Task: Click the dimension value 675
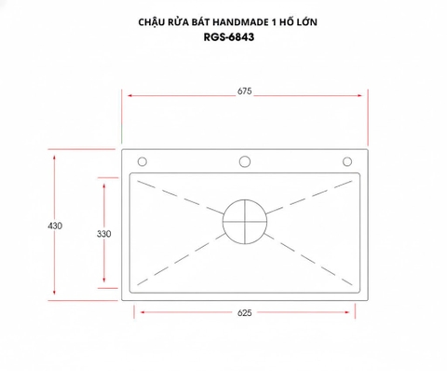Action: (244, 91)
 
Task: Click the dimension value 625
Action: (244, 314)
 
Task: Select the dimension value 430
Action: (55, 226)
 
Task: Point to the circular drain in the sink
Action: (245, 224)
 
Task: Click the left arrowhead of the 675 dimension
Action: (129, 97)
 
